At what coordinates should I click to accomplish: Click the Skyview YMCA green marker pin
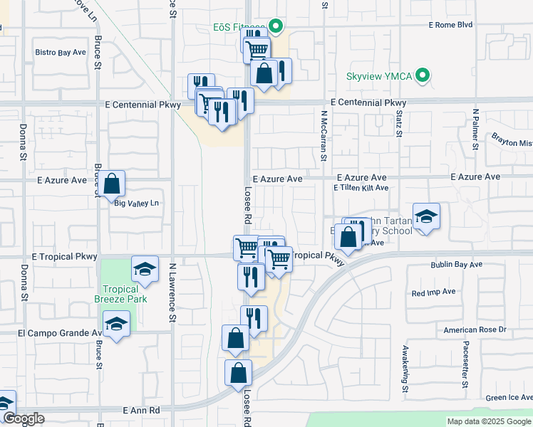(423, 75)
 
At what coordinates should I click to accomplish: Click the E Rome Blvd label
(450, 25)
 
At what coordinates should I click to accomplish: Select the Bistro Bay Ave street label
(61, 53)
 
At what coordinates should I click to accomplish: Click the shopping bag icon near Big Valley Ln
(112, 184)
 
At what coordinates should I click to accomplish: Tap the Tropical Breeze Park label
(124, 294)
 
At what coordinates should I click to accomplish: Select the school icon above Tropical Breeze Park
(145, 268)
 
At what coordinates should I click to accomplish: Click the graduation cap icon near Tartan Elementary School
(426, 216)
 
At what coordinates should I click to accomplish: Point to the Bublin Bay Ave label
(456, 264)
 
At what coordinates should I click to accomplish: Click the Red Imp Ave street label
(433, 292)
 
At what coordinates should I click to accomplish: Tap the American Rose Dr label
(474, 330)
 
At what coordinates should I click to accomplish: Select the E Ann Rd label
(141, 411)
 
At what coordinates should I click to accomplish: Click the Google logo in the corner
(23, 418)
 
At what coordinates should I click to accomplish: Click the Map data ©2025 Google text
(489, 421)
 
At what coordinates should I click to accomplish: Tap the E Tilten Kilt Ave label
(361, 188)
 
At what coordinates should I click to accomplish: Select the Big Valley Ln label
(136, 204)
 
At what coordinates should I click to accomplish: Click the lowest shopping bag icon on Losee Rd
(239, 372)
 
